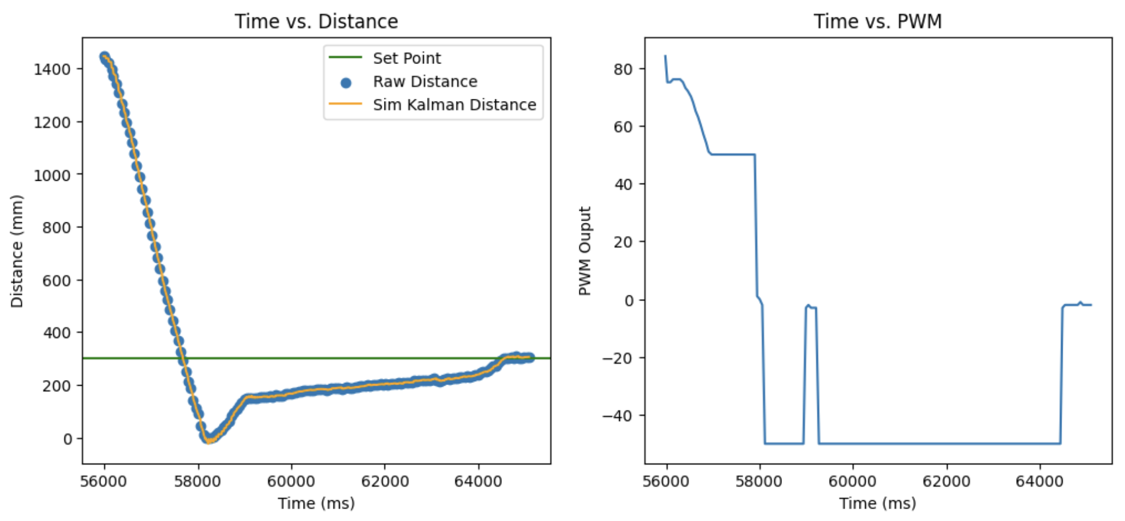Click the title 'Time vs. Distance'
click(x=316, y=21)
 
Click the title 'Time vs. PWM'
click(x=877, y=21)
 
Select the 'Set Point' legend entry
click(x=406, y=58)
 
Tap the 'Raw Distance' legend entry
click(x=425, y=81)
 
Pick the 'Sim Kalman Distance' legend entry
click(x=454, y=105)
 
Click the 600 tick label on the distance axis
click(x=56, y=280)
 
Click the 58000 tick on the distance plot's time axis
click(x=198, y=482)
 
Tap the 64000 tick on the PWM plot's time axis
click(x=1040, y=482)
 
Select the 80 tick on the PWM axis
click(x=623, y=69)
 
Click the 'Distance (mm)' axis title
click(x=17, y=251)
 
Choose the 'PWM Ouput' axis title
click(x=585, y=251)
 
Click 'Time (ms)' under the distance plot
click(x=316, y=503)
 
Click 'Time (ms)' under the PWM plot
click(x=877, y=503)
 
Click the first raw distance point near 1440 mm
click(x=104, y=57)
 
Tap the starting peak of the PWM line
click(x=665, y=56)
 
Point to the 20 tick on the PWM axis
click(x=623, y=242)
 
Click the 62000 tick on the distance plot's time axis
click(x=385, y=482)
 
